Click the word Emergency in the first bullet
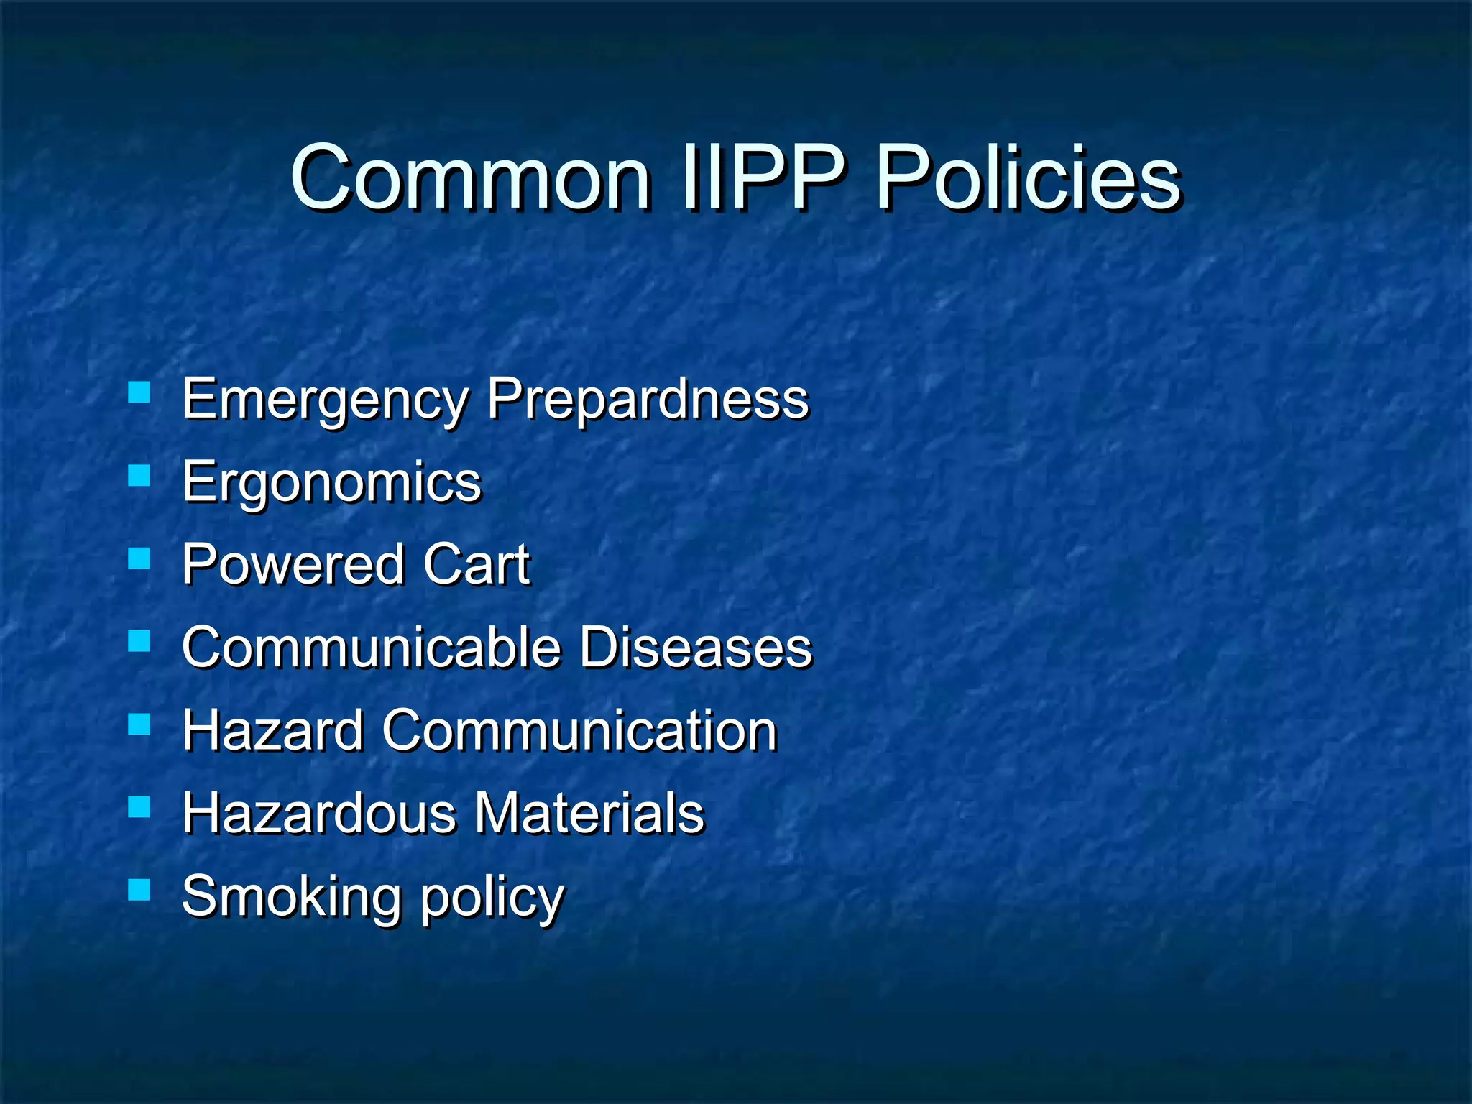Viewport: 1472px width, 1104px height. [x=325, y=400]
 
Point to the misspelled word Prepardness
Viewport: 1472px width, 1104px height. [x=648, y=400]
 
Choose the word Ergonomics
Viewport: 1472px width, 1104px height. [x=331, y=482]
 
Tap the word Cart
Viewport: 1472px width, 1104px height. [x=477, y=564]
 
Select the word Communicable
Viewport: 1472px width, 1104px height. [x=371, y=647]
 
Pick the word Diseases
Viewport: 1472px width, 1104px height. [x=696, y=647]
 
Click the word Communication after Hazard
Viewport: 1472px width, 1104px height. [x=579, y=730]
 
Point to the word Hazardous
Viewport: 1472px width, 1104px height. [x=319, y=813]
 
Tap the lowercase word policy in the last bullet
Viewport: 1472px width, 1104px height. [x=492, y=898]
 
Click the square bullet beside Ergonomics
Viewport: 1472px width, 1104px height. [x=139, y=475]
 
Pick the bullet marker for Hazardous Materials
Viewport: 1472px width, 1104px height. [x=139, y=807]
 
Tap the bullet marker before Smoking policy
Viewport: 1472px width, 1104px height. [x=139, y=890]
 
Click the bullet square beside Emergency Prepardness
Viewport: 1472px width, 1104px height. [x=139, y=392]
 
